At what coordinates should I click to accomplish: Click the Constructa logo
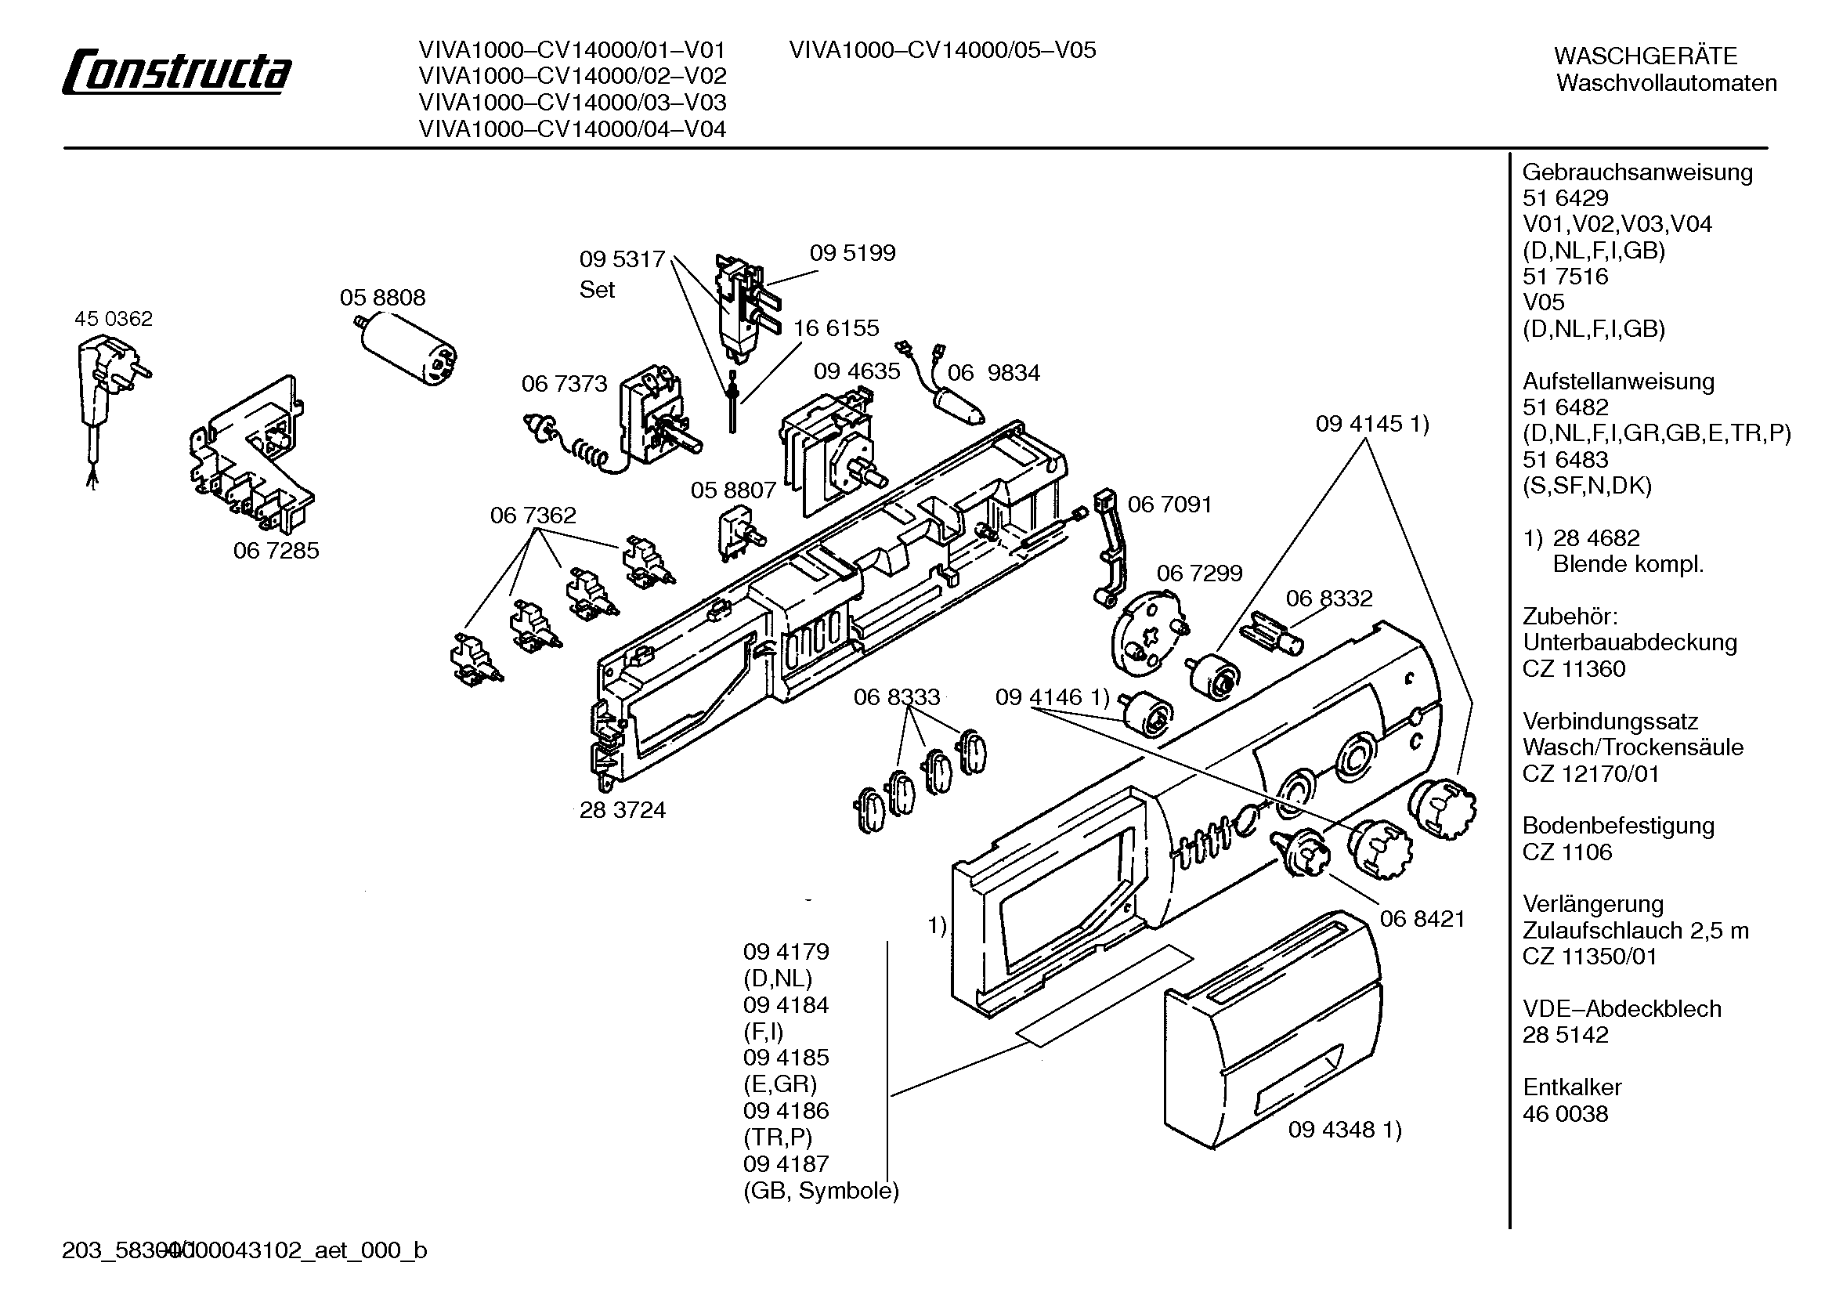176,73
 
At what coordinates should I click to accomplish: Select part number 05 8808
382,298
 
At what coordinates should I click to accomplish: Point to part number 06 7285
276,551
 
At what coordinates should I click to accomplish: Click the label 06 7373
564,384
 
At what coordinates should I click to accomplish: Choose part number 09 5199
852,253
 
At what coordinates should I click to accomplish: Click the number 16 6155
836,328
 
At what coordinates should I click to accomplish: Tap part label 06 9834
993,373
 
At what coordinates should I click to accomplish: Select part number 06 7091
1169,505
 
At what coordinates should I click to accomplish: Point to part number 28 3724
623,810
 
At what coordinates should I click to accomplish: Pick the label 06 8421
1422,919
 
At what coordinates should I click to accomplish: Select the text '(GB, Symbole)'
821,1192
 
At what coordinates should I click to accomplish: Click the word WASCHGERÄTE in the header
1646,56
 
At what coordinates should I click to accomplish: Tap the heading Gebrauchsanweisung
1637,173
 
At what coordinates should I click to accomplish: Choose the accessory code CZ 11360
1574,668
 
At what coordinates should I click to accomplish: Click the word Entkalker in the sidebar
1572,1087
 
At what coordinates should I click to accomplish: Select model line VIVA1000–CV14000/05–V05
942,50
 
